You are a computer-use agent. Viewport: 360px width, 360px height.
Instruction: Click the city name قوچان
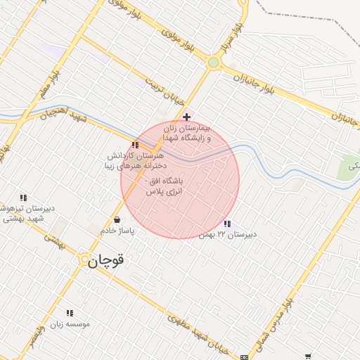pyautogui.click(x=106, y=261)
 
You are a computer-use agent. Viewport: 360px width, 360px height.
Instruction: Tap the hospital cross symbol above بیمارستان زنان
pyautogui.click(x=186, y=117)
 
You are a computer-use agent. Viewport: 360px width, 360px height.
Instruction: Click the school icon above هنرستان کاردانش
pyautogui.click(x=135, y=145)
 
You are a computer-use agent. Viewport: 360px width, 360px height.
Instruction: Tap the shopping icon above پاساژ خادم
pyautogui.click(x=117, y=219)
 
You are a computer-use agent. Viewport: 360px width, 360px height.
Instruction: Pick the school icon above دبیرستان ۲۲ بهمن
pyautogui.click(x=226, y=224)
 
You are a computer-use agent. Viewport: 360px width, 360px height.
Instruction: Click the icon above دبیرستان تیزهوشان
pyautogui.click(x=23, y=198)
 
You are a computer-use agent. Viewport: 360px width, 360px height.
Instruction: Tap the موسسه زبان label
pyautogui.click(x=69, y=324)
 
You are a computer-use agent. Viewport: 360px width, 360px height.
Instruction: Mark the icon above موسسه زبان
pyautogui.click(x=69, y=313)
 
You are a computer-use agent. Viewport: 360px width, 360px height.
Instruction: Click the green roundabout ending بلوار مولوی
pyautogui.click(x=213, y=63)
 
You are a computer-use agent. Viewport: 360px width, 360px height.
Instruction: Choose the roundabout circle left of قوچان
pyautogui.click(x=84, y=259)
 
